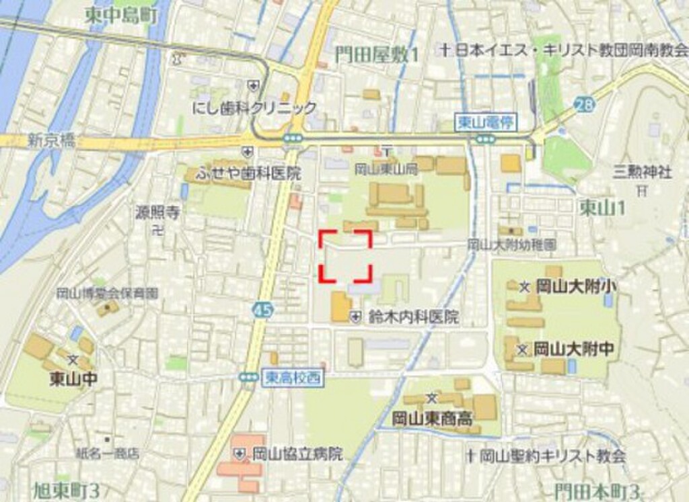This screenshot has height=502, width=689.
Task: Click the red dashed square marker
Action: coord(344,255)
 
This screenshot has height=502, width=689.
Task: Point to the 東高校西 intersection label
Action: coord(292,378)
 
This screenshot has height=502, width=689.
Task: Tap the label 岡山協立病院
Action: coord(297,454)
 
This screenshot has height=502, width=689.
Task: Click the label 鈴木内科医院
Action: coord(413,317)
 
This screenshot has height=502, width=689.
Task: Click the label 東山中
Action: coord(73,378)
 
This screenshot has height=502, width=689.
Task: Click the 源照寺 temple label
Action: coord(158,214)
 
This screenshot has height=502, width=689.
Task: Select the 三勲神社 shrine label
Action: coord(642,172)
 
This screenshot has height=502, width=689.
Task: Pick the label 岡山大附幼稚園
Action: coord(511,245)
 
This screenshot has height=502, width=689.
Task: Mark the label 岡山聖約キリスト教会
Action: coord(552,456)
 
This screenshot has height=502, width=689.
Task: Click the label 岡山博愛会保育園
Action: coord(107,293)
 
